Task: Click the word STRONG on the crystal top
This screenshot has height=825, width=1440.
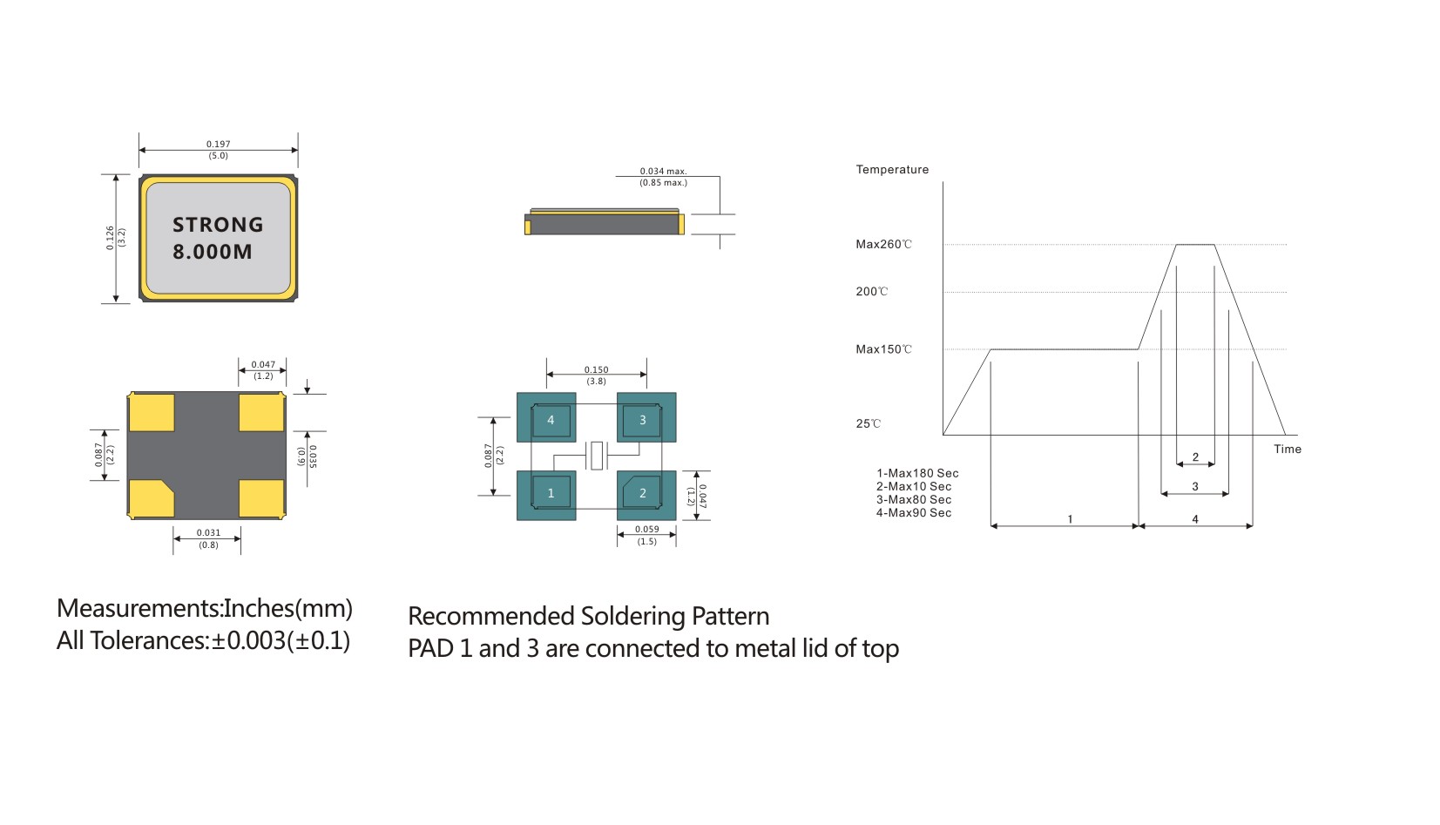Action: coord(218,225)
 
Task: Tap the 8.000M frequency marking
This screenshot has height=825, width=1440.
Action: coord(213,252)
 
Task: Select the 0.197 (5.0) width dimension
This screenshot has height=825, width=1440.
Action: coord(219,150)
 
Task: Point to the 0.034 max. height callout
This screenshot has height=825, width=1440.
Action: coord(664,177)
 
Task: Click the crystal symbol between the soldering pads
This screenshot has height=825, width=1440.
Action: coord(597,456)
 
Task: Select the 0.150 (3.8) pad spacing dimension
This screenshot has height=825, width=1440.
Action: coord(597,375)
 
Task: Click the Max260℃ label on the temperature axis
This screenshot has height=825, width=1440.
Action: coord(883,245)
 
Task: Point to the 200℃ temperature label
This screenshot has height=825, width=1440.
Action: coord(871,292)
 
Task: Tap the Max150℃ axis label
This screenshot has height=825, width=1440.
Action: coord(883,349)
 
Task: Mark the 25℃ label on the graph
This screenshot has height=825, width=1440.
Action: coord(868,424)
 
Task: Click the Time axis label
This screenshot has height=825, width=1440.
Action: coord(1287,450)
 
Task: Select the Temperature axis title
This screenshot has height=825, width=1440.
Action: coord(892,170)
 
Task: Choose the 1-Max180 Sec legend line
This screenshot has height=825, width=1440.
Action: coord(917,473)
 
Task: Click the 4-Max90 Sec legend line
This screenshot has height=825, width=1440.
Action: coord(914,513)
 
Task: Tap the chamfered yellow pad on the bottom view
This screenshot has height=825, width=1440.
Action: coord(151,498)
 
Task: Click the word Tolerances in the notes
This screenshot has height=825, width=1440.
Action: coord(149,641)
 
